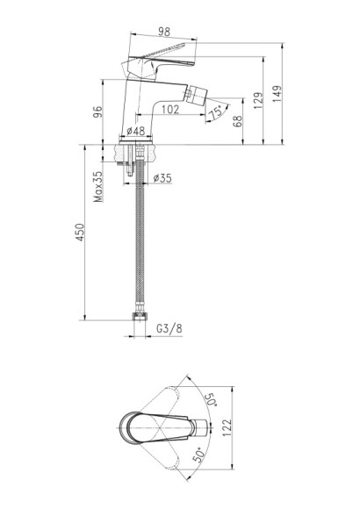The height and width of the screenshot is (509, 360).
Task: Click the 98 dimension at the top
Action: pyautogui.click(x=164, y=32)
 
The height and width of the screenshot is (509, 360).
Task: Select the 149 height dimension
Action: pyautogui.click(x=277, y=94)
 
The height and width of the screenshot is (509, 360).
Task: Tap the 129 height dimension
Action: pyautogui.click(x=257, y=100)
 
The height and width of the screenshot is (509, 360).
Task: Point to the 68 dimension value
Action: pyautogui.click(x=238, y=121)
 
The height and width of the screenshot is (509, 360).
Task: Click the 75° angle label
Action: pyautogui.click(x=216, y=112)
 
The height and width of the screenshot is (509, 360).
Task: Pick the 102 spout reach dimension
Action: pyautogui.click(x=170, y=109)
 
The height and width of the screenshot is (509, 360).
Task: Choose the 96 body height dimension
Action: pyautogui.click(x=97, y=112)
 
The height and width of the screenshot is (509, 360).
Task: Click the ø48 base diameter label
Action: pyautogui.click(x=135, y=131)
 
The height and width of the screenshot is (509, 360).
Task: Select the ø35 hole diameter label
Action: pyautogui.click(x=162, y=178)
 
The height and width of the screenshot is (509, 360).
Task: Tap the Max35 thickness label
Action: pyautogui.click(x=97, y=186)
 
